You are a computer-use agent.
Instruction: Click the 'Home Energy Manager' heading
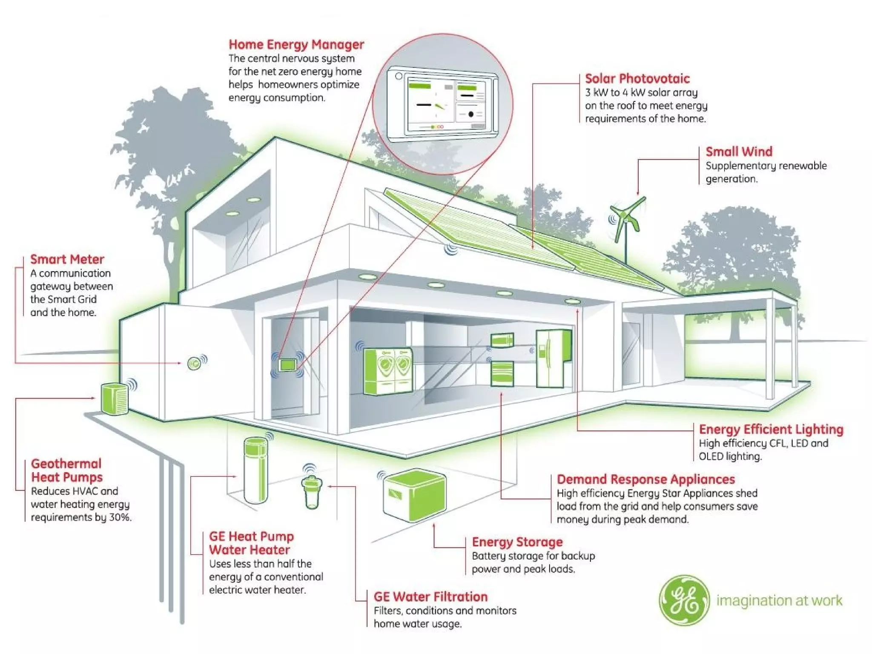click(x=296, y=44)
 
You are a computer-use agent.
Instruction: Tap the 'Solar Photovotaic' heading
click(x=637, y=78)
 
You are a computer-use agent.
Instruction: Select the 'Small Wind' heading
click(x=739, y=152)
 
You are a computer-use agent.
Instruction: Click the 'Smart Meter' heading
click(x=67, y=259)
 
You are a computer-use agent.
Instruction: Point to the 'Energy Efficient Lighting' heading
click(x=771, y=429)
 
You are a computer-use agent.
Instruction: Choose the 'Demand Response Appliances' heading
click(x=645, y=479)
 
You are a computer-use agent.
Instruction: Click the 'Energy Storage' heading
click(x=517, y=542)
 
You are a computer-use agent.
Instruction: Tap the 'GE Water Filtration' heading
click(x=430, y=597)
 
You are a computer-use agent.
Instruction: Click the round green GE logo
click(x=684, y=600)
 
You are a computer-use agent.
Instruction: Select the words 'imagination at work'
click(x=779, y=600)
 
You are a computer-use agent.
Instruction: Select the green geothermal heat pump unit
click(x=115, y=399)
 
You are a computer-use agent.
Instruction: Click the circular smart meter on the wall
click(x=195, y=364)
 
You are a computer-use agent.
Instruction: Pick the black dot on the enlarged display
click(x=471, y=114)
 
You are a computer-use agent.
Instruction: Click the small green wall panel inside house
click(x=287, y=364)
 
